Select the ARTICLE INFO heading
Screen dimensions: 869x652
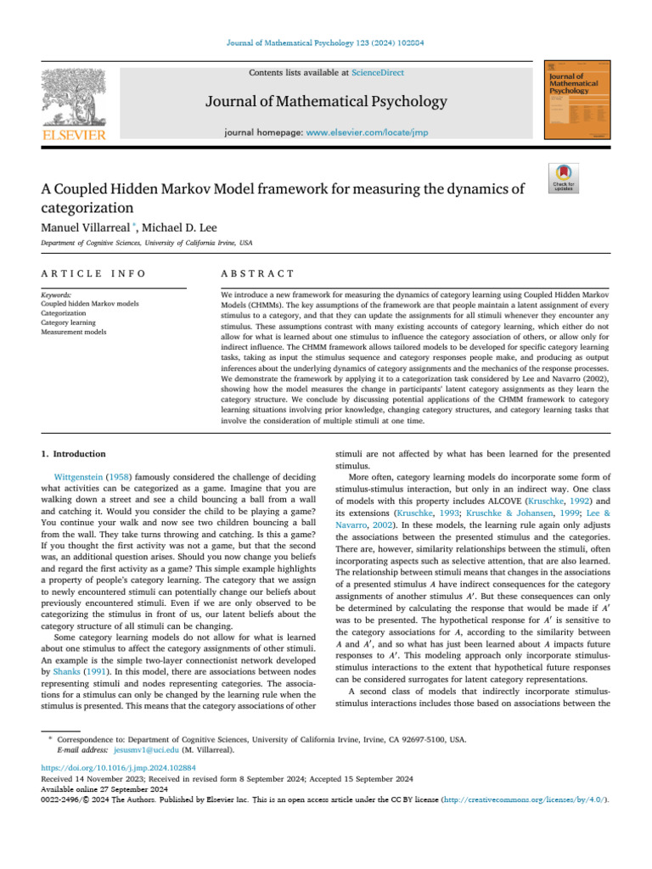tap(93, 273)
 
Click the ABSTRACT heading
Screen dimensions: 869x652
tap(257, 273)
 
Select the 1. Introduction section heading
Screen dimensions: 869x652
tap(75, 454)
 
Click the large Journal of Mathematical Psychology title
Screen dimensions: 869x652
tap(325, 103)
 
